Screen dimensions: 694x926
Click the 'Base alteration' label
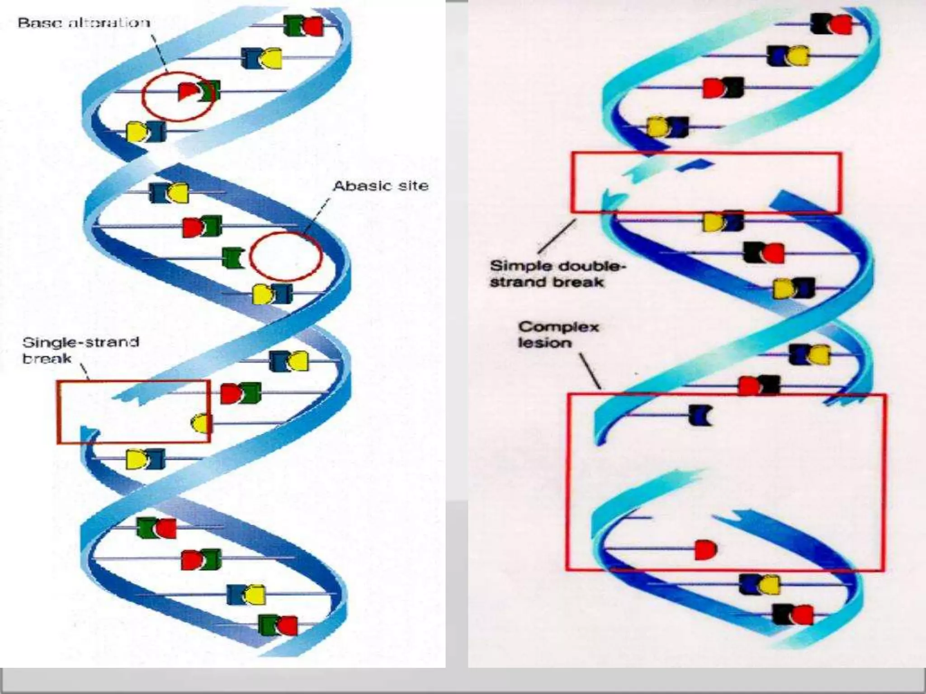click(x=84, y=23)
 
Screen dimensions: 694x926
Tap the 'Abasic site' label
click(x=381, y=186)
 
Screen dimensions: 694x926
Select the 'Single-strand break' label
click(x=80, y=350)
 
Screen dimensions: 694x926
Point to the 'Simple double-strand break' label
click(x=557, y=274)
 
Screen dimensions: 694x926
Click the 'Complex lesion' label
click(x=558, y=334)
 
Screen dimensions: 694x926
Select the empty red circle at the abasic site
click(x=286, y=256)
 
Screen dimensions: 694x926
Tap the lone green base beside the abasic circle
click(x=233, y=257)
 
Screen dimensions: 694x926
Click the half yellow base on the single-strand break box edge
click(x=201, y=423)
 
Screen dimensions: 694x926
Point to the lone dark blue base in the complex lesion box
click(x=700, y=415)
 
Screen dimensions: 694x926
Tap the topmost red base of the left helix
click(x=313, y=26)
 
